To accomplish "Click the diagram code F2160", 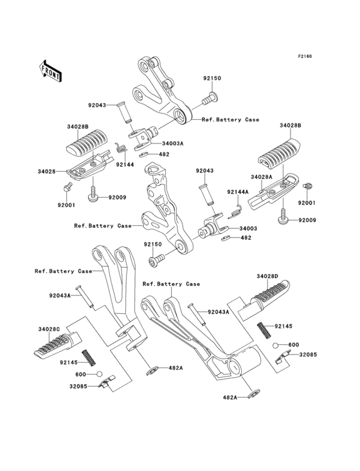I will [304, 57].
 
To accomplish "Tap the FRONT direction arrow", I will [52, 71].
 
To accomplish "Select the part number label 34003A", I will [174, 143].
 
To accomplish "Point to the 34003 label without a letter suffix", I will [248, 228].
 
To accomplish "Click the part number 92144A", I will [238, 192].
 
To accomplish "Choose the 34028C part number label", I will [50, 329].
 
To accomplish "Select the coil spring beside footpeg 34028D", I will [262, 329].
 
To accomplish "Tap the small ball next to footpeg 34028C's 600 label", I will [99, 374].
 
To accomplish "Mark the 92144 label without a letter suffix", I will [125, 165].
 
